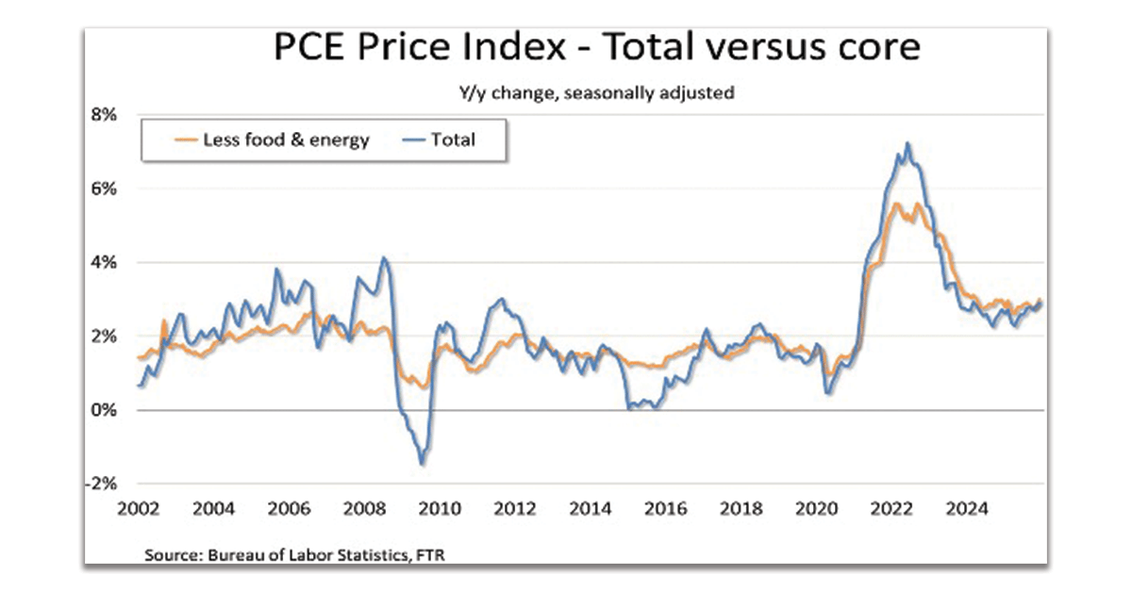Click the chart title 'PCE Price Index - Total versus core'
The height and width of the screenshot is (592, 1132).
[x=596, y=47]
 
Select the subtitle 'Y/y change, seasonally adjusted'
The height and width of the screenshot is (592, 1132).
[x=596, y=93]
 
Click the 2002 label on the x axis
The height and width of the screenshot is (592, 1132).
[x=138, y=510]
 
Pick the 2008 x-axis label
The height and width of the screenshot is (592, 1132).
[x=364, y=510]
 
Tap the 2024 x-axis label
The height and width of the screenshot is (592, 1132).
[x=966, y=510]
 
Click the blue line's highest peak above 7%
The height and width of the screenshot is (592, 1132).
[x=907, y=144]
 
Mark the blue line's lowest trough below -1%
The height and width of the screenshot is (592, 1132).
[x=422, y=463]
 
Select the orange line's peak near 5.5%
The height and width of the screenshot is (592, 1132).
[x=894, y=204]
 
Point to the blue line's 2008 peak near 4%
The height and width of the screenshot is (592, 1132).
[x=383, y=257]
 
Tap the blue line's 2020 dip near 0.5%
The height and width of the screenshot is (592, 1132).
[x=828, y=391]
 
